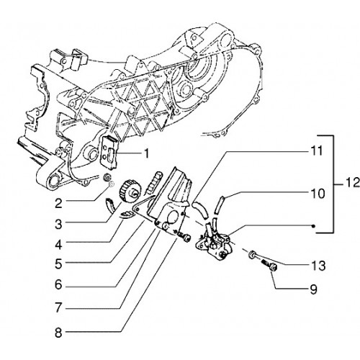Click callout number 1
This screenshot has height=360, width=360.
(x=146, y=153)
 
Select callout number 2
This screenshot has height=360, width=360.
(x=58, y=204)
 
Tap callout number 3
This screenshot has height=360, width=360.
(x=58, y=225)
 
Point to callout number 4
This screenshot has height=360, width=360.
(x=58, y=245)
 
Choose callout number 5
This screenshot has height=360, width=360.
(x=58, y=264)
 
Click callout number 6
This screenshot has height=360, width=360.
(x=58, y=285)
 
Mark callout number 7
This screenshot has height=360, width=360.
(x=58, y=308)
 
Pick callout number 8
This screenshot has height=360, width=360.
(x=58, y=333)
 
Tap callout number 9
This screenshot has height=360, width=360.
(x=313, y=289)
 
